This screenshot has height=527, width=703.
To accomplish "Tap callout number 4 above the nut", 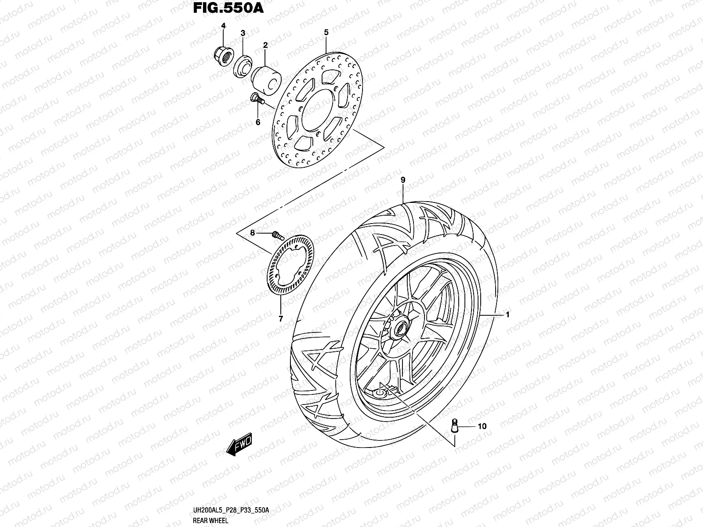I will click(223, 26).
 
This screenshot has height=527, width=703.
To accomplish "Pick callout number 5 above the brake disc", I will click(326, 32).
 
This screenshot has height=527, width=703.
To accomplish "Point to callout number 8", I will click(253, 233).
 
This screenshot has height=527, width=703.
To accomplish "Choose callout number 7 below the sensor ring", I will click(281, 318).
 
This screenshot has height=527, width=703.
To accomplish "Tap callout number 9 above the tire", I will click(402, 180).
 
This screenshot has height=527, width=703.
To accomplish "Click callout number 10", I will click(482, 426).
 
